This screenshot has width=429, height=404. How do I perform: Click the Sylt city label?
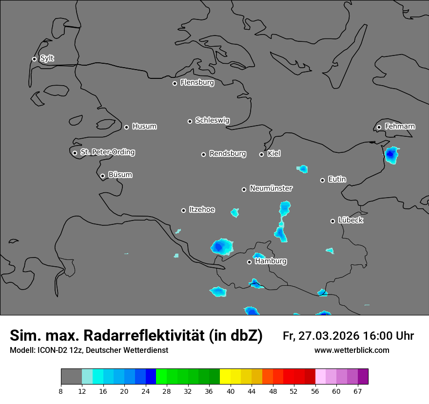tap(47, 58)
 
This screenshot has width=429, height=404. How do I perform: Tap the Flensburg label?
tap(197, 83)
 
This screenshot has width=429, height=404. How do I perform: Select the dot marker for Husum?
tap(126, 127)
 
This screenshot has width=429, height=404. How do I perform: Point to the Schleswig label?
tap(212, 120)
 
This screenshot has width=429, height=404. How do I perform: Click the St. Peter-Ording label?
tap(107, 152)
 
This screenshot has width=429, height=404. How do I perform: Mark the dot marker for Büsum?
tap(102, 176)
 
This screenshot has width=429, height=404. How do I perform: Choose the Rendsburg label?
tap(227, 154)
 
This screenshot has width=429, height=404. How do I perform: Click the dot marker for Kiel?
tap(261, 154)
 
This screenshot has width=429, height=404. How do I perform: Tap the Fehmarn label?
tap(400, 127)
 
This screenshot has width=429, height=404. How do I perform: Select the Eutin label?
tap(337, 180)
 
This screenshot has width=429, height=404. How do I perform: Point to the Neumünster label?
tap(271, 188)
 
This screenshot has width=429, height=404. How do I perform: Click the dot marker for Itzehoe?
tap(183, 210)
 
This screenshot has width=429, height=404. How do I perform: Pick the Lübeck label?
tap(350, 220)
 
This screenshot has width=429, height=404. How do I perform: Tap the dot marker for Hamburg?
tap(249, 262)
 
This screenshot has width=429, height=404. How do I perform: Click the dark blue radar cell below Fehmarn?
tap(390, 155)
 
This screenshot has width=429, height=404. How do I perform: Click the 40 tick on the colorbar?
tap(231, 391)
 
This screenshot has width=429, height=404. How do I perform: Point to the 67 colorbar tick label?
tap(358, 391)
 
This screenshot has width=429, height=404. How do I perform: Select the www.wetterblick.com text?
tap(351, 350)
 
